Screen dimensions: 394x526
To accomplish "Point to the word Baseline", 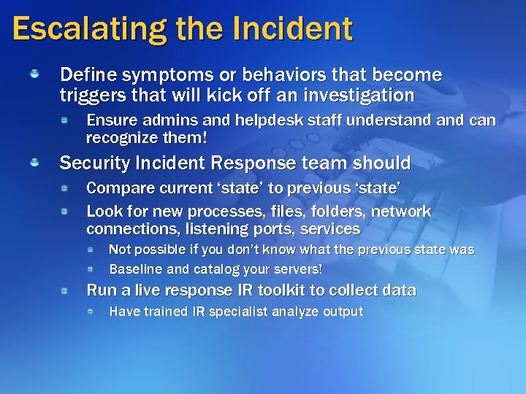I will pos(136,269).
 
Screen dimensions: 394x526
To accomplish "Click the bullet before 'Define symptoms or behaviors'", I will pos(35,74).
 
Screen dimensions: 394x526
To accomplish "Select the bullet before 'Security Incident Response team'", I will pos(35,163).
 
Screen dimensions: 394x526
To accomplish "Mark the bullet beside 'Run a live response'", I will pos(65,290).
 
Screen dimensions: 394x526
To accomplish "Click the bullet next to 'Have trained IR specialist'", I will pos(89,312).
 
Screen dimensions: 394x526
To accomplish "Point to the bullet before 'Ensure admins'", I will pos(65,120).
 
